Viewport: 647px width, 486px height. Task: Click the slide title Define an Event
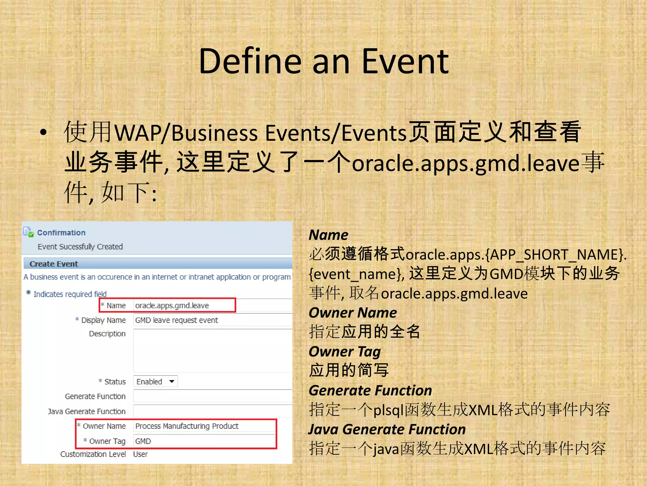click(323, 61)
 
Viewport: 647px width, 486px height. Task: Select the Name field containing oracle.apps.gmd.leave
click(183, 306)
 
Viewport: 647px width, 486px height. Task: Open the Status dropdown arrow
click(172, 382)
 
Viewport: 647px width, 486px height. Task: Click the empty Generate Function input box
click(212, 396)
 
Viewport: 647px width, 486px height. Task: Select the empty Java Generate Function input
click(212, 411)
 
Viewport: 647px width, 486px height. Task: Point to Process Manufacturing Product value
click(187, 426)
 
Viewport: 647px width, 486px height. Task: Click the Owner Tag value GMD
click(143, 441)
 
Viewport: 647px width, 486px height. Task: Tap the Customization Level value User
click(140, 454)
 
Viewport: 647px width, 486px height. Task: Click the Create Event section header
click(54, 264)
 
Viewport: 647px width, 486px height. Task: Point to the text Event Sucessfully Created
click(80, 247)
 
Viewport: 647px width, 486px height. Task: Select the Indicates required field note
click(70, 294)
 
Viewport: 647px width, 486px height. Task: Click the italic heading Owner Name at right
click(353, 313)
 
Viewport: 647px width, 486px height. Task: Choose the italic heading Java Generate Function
click(387, 430)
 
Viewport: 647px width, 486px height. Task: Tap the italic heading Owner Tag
click(345, 352)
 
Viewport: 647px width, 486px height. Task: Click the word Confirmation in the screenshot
click(61, 233)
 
